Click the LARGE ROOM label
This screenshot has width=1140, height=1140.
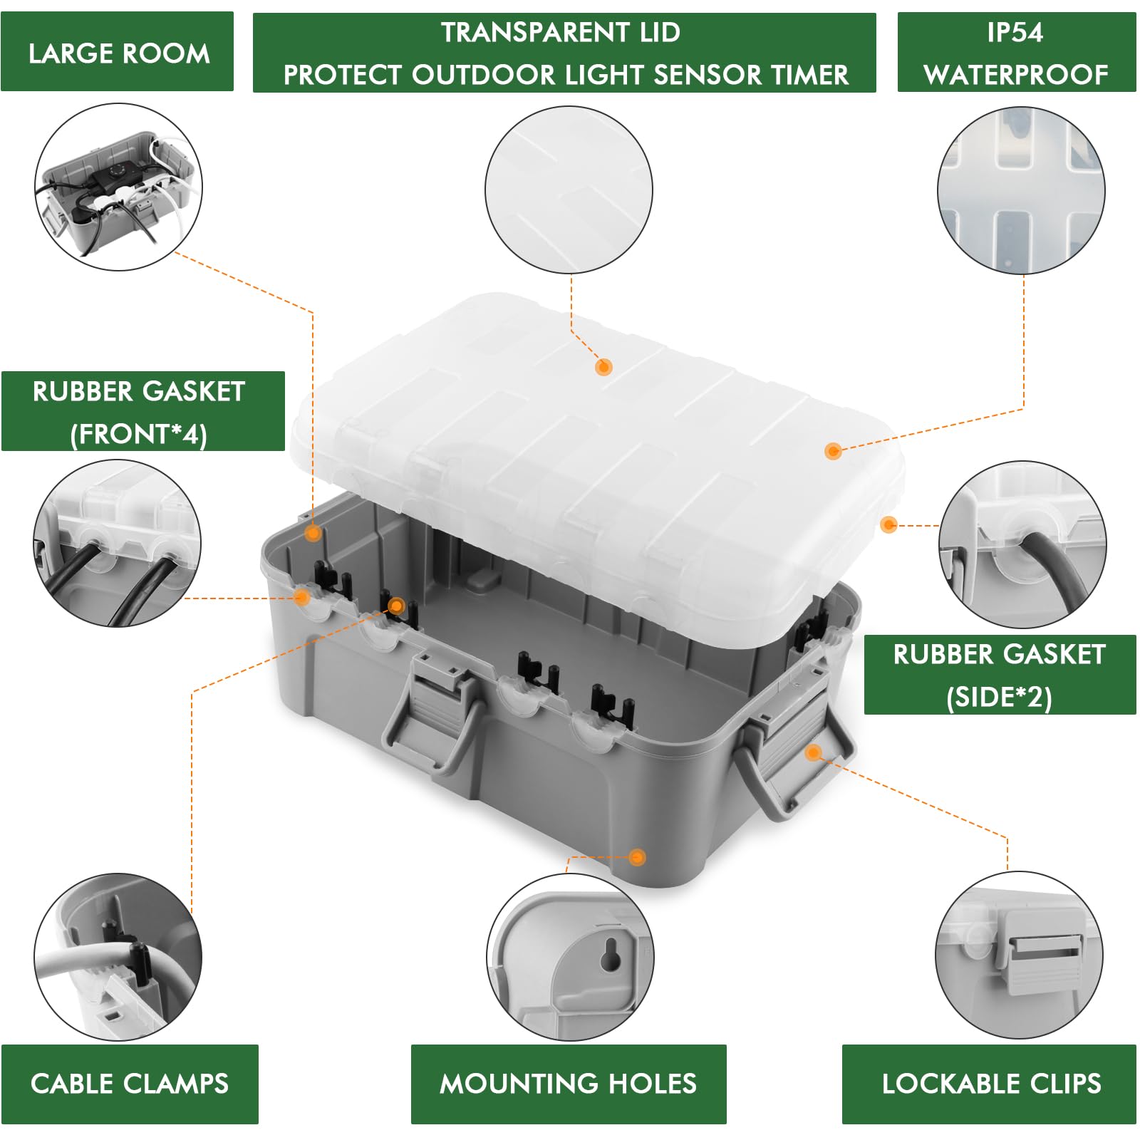(x=118, y=53)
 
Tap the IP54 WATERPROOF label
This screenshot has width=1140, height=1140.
(x=1016, y=53)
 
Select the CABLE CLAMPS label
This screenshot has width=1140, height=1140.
(x=130, y=1084)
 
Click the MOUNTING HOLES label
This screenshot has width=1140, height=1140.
(x=568, y=1084)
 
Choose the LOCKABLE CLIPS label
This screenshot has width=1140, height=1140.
(x=990, y=1084)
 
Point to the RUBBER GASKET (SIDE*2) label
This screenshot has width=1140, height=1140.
(x=999, y=675)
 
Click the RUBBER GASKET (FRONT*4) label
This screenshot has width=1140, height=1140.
(x=140, y=412)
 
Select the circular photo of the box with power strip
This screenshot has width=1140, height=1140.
(x=118, y=187)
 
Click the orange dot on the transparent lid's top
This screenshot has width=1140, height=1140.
(x=603, y=367)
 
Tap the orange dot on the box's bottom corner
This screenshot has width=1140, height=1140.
(x=637, y=857)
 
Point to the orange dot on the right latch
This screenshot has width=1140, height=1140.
(x=813, y=752)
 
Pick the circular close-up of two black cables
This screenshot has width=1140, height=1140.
(x=117, y=544)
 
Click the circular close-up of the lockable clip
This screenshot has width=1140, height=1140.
(x=1019, y=955)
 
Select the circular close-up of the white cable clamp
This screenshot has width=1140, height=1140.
(x=118, y=957)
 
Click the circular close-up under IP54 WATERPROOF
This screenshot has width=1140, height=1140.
(x=1021, y=190)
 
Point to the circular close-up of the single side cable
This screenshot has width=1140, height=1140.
(x=1022, y=544)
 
